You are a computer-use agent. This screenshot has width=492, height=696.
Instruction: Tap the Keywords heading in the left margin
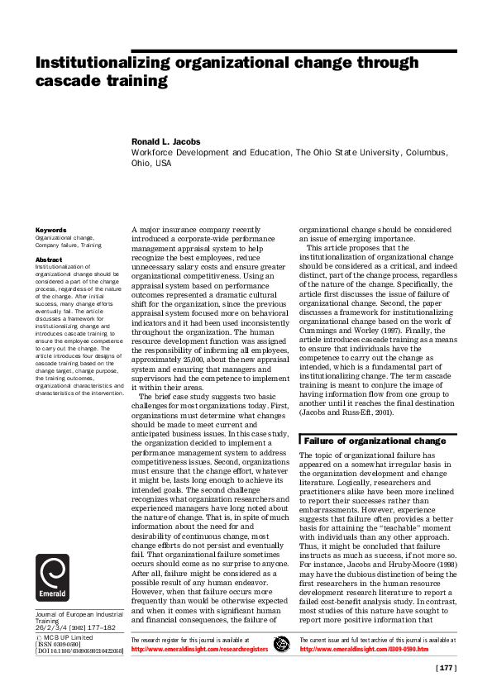pos(50,230)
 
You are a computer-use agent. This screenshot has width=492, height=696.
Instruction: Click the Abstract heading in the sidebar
pos(49,258)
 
